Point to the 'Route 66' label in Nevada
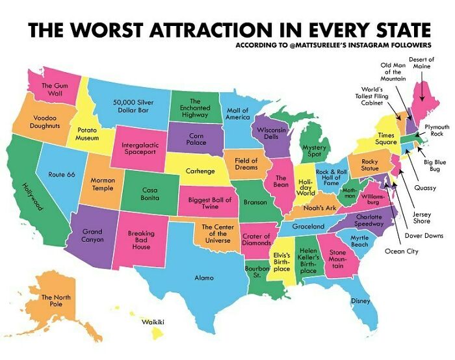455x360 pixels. [x=62, y=175]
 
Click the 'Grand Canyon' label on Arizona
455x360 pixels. [x=92, y=235]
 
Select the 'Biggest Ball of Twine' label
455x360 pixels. [x=210, y=203]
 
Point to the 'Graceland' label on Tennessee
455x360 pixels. [x=307, y=226]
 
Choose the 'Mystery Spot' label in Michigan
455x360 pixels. [x=315, y=151]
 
